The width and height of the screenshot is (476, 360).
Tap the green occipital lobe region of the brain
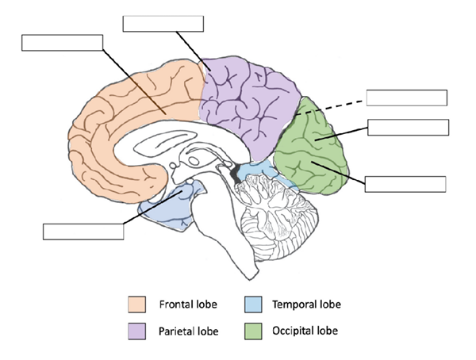tap(317, 151)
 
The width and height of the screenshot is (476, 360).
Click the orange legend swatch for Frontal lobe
tap(136, 304)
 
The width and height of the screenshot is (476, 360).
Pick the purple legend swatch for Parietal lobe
tap(136, 329)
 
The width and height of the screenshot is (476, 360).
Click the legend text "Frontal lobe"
tap(185, 304)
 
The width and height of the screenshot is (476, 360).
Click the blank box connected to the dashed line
tap(407, 98)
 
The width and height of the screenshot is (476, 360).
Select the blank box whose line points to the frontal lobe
tap(62, 43)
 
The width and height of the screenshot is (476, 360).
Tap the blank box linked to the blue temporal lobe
tap(83, 231)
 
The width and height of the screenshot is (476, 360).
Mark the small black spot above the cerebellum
tap(235, 171)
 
